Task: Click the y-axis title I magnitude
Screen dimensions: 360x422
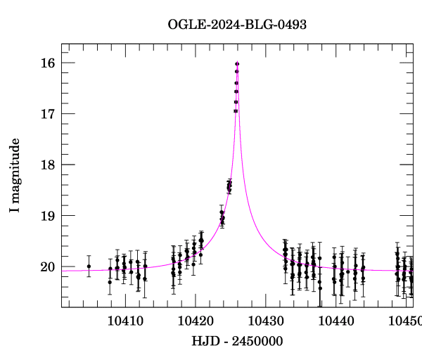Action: [x=15, y=175]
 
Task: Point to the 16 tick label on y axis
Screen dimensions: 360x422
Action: [x=49, y=63]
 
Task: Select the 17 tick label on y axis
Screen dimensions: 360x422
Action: [x=49, y=114]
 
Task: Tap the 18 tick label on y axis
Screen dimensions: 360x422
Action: [x=49, y=165]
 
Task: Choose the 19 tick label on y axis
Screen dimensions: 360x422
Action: [x=49, y=216]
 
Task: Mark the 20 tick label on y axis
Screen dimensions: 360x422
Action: [x=49, y=267]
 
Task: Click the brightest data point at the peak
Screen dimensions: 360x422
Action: [x=237, y=64]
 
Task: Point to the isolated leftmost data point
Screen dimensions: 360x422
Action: [x=89, y=266]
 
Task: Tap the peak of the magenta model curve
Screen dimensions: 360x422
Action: [x=237, y=63]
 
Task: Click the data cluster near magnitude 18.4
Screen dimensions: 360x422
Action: [x=229, y=186]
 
